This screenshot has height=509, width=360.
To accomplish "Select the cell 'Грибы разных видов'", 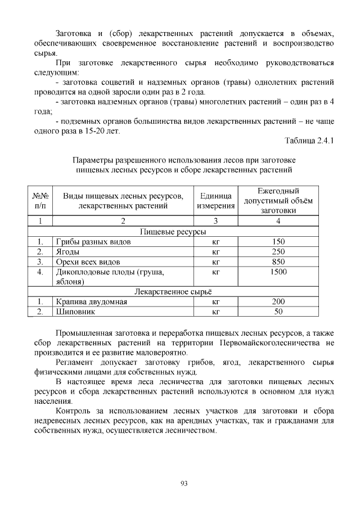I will [x=93, y=242].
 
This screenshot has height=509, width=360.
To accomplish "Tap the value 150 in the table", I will [x=278, y=242].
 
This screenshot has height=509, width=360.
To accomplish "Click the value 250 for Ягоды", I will [x=278, y=252].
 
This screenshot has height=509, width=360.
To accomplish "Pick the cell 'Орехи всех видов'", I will [x=87, y=262].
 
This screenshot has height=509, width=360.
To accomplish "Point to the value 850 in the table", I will [x=278, y=262].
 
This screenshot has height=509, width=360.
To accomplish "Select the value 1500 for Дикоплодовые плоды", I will [x=278, y=272].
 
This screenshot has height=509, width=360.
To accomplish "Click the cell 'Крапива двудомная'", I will [x=91, y=302].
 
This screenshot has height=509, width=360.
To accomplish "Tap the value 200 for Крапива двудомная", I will [x=278, y=302].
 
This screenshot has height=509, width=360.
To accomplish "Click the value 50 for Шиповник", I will [x=278, y=312].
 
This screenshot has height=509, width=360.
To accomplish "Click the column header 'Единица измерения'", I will [x=215, y=201].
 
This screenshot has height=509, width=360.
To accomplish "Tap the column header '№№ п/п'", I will [x=40, y=201].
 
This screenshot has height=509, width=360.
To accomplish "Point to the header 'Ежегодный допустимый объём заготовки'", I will [x=278, y=201].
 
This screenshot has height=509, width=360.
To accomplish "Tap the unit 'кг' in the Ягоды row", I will [x=215, y=252].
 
